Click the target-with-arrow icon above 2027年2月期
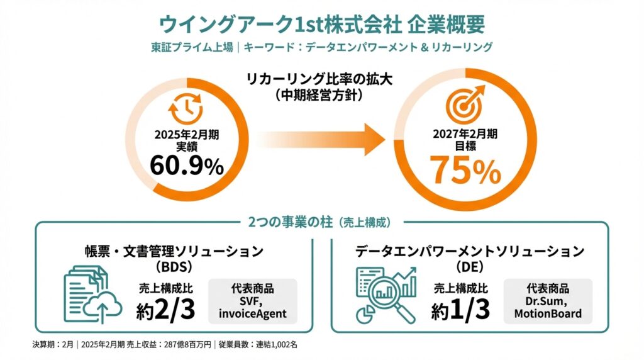coord(465,105)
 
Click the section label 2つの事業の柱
coord(287,222)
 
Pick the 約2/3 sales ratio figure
coord(163,310)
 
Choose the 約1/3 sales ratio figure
coord(458,310)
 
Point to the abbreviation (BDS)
coord(175,266)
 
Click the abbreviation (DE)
coord(470,267)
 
